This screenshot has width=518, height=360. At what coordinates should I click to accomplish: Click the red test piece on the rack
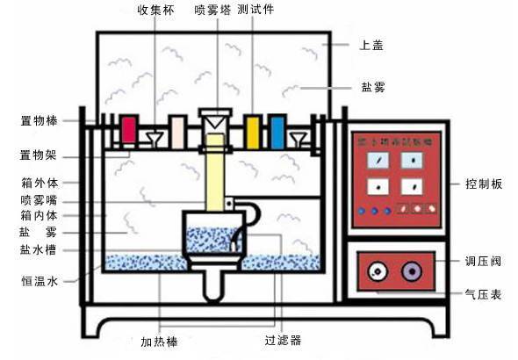(x=129, y=130)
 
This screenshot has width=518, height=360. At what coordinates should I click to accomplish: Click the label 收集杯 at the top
(x=155, y=12)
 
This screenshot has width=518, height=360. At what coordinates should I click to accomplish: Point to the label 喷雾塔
(x=210, y=12)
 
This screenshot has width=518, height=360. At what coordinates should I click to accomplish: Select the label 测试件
(x=254, y=12)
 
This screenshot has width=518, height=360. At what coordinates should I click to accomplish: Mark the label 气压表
(x=483, y=296)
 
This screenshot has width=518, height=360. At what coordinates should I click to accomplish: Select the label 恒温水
(x=40, y=282)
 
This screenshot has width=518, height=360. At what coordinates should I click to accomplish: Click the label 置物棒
(x=40, y=119)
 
